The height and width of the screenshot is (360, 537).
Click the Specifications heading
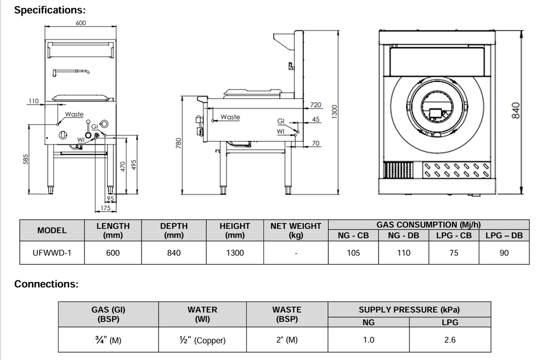tap(50, 10)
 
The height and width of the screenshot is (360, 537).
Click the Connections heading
tap(46, 284)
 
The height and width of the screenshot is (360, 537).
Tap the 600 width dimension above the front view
tap(80, 23)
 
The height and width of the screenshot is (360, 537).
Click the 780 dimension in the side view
tap(178, 143)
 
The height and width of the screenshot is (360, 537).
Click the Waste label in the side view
tap(230, 117)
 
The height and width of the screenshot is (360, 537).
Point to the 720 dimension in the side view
tap(316, 105)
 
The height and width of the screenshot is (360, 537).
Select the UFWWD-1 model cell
tap(51, 253)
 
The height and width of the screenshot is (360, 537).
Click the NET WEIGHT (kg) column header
tap(296, 230)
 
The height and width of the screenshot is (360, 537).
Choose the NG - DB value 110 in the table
tap(404, 253)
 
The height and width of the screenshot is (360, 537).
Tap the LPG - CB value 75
tap(454, 253)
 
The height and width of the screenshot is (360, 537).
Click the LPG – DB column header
tap(504, 236)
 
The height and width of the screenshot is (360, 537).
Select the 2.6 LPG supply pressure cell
tap(450, 340)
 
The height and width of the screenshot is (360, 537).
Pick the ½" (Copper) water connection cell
tap(202, 340)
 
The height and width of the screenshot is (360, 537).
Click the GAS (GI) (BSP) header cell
tap(108, 314)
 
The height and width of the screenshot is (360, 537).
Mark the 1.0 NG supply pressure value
tap(369, 340)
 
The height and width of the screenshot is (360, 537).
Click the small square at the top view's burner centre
tap(435, 112)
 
